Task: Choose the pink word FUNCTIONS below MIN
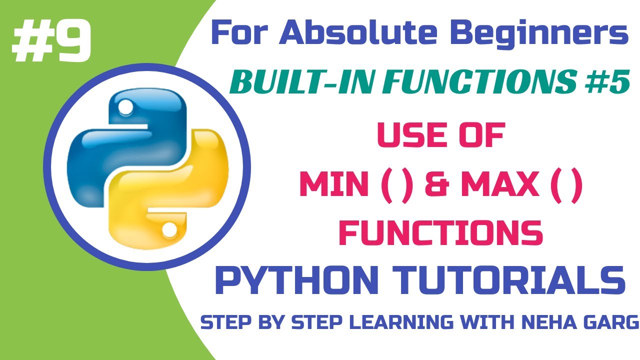(441, 232)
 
